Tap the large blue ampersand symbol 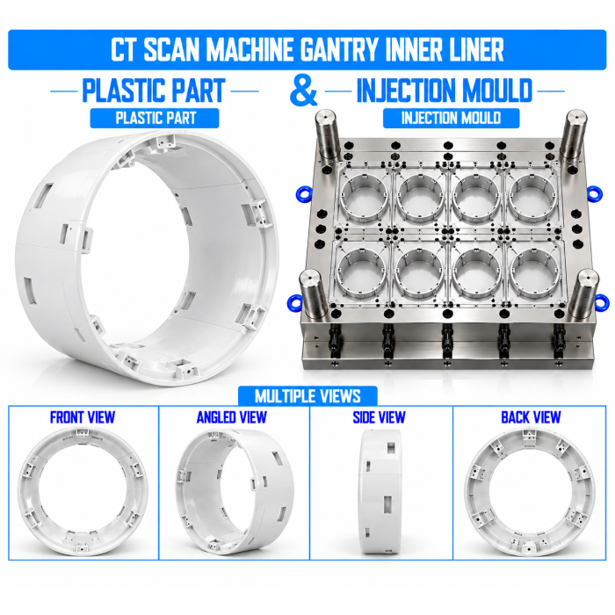click(x=303, y=90)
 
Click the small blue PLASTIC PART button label click(x=155, y=118)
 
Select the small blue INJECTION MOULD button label click(x=451, y=118)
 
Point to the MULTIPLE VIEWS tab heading click(x=307, y=396)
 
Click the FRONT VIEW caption click(x=83, y=417)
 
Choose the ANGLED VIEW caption click(x=232, y=417)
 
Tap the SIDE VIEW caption click(x=379, y=417)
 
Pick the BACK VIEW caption click(x=531, y=417)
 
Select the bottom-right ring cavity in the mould click(x=534, y=272)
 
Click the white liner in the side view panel click(x=380, y=491)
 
